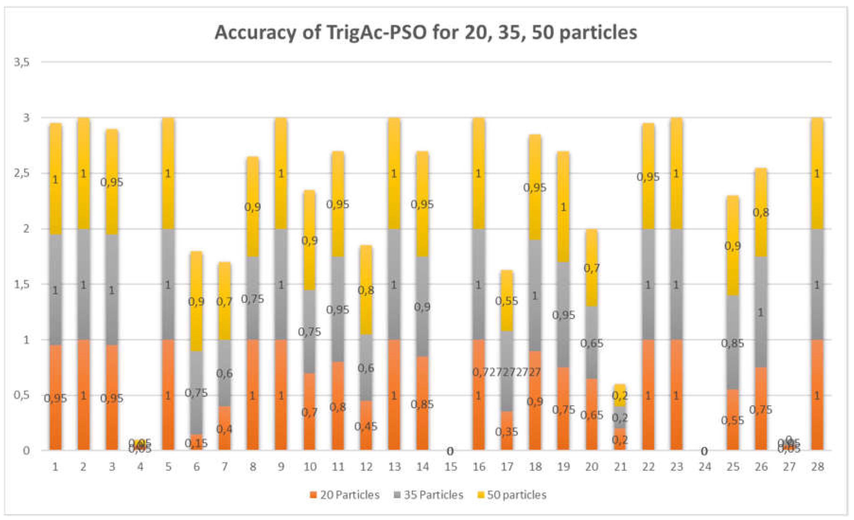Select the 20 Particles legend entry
tap(349, 495)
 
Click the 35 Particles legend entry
tap(433, 495)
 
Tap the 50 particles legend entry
tap(516, 495)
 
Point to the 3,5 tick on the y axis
tap(22, 62)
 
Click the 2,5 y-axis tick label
tap(22, 173)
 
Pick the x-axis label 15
tap(450, 467)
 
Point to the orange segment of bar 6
tap(196, 442)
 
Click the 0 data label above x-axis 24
tap(704, 451)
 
